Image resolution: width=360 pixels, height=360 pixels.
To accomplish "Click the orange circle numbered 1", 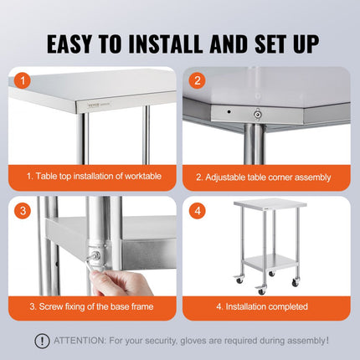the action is [23, 81].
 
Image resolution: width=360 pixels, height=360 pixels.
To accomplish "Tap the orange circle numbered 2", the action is [198, 80].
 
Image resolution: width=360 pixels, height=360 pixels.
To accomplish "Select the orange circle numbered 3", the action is [23, 211].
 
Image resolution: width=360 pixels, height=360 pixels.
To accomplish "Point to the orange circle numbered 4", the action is [198, 211].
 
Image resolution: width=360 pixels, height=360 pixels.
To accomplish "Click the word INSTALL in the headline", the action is [166, 44].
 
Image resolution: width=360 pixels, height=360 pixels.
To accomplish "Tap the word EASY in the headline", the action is [69, 44].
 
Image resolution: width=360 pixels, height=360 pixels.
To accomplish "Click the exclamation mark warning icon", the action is [42, 341].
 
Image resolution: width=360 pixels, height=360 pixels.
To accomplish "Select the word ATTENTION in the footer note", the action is [80, 341].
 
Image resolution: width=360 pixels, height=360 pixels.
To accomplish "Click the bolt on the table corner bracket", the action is [257, 114].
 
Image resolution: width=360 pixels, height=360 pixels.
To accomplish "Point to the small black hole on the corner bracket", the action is [229, 111].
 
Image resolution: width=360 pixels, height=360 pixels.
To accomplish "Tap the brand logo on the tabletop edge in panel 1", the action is [94, 105].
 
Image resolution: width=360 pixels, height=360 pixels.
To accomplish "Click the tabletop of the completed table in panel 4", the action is [270, 203].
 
